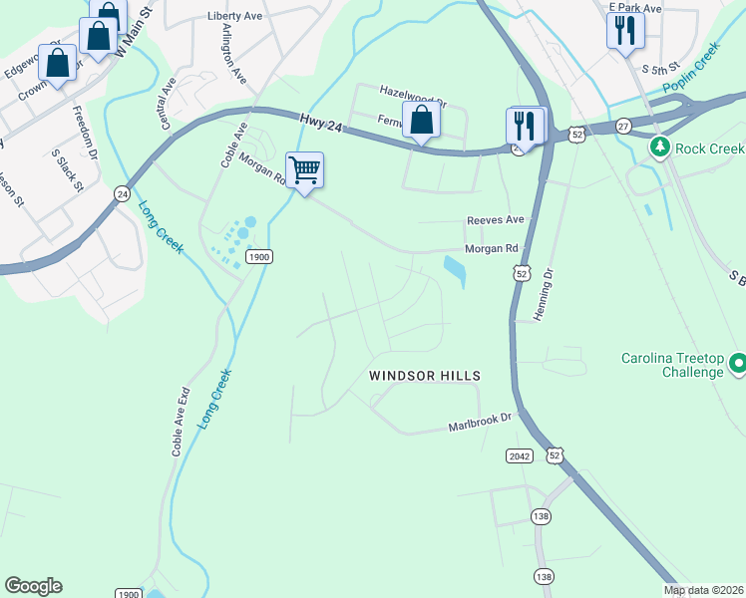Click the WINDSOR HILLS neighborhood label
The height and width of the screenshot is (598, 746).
(x=425, y=376)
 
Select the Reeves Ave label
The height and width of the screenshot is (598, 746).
(x=496, y=219)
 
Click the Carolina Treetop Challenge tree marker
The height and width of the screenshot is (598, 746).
(x=738, y=364)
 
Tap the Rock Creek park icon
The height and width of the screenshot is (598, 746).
(x=659, y=149)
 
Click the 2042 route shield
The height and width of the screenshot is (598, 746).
(x=520, y=455)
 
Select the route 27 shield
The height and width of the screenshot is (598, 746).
(x=623, y=126)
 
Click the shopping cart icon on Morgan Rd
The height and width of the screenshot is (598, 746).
(x=304, y=168)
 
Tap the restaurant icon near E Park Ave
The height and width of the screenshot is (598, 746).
(x=625, y=30)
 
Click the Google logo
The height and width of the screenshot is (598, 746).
(x=33, y=586)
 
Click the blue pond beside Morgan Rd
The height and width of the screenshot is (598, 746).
(x=454, y=270)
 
